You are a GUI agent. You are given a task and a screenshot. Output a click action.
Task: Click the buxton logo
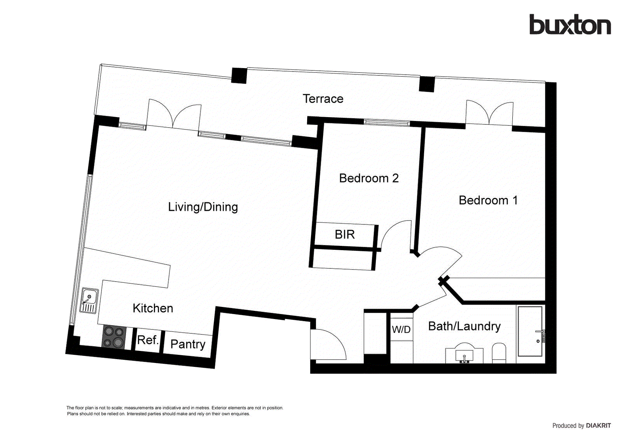coord(570,25)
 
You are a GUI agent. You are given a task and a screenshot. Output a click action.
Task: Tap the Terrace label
coord(323,99)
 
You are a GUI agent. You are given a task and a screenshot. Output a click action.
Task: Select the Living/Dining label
coord(203,207)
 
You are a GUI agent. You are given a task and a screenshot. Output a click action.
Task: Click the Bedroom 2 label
coord(369,178)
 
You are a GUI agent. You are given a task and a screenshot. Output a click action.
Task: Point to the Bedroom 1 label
coord(488,200)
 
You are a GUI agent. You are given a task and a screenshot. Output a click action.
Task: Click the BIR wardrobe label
coord(344,235)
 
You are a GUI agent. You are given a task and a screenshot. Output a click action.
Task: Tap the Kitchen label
coord(153,308)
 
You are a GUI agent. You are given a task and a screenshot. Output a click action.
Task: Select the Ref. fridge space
coord(147,340)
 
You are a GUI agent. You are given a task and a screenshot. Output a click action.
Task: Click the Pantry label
coord(188,344)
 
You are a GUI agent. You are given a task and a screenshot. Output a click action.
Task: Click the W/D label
coord(401,330)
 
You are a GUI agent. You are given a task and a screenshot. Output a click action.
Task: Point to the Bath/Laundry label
coord(464,326)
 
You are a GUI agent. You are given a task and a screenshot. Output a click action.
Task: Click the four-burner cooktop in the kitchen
coord(114,337)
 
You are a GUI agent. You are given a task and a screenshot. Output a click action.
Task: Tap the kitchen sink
coord(89,300)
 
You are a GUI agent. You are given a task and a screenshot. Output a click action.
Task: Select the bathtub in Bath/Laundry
coord(530,331)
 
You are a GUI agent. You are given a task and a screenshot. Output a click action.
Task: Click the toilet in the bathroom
coord(499,352)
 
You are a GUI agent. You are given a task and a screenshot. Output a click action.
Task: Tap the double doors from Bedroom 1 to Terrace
coord(489,113)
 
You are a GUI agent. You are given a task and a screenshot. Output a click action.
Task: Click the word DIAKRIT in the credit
coord(598,426)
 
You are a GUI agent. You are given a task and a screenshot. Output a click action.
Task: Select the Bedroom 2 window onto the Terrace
coord(387,123)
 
